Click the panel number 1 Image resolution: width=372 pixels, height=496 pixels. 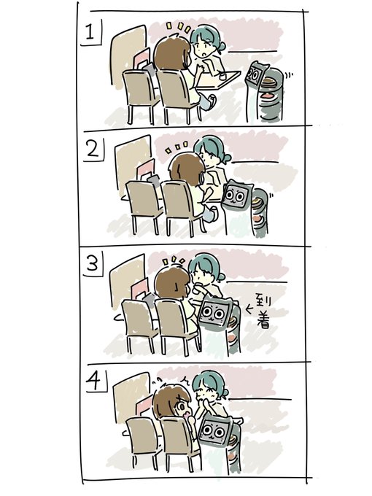point(90,33)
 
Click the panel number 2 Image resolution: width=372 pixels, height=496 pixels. point(93,150)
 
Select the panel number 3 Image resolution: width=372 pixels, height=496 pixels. point(93,263)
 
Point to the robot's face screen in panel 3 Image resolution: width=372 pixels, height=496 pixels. point(212,314)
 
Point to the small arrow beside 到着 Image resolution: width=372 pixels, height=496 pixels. point(249,309)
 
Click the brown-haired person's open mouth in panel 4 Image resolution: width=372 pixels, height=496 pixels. point(187,413)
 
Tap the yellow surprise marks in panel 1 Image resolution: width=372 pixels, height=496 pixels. point(179,28)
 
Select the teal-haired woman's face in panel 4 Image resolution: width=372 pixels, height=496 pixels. point(205,394)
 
